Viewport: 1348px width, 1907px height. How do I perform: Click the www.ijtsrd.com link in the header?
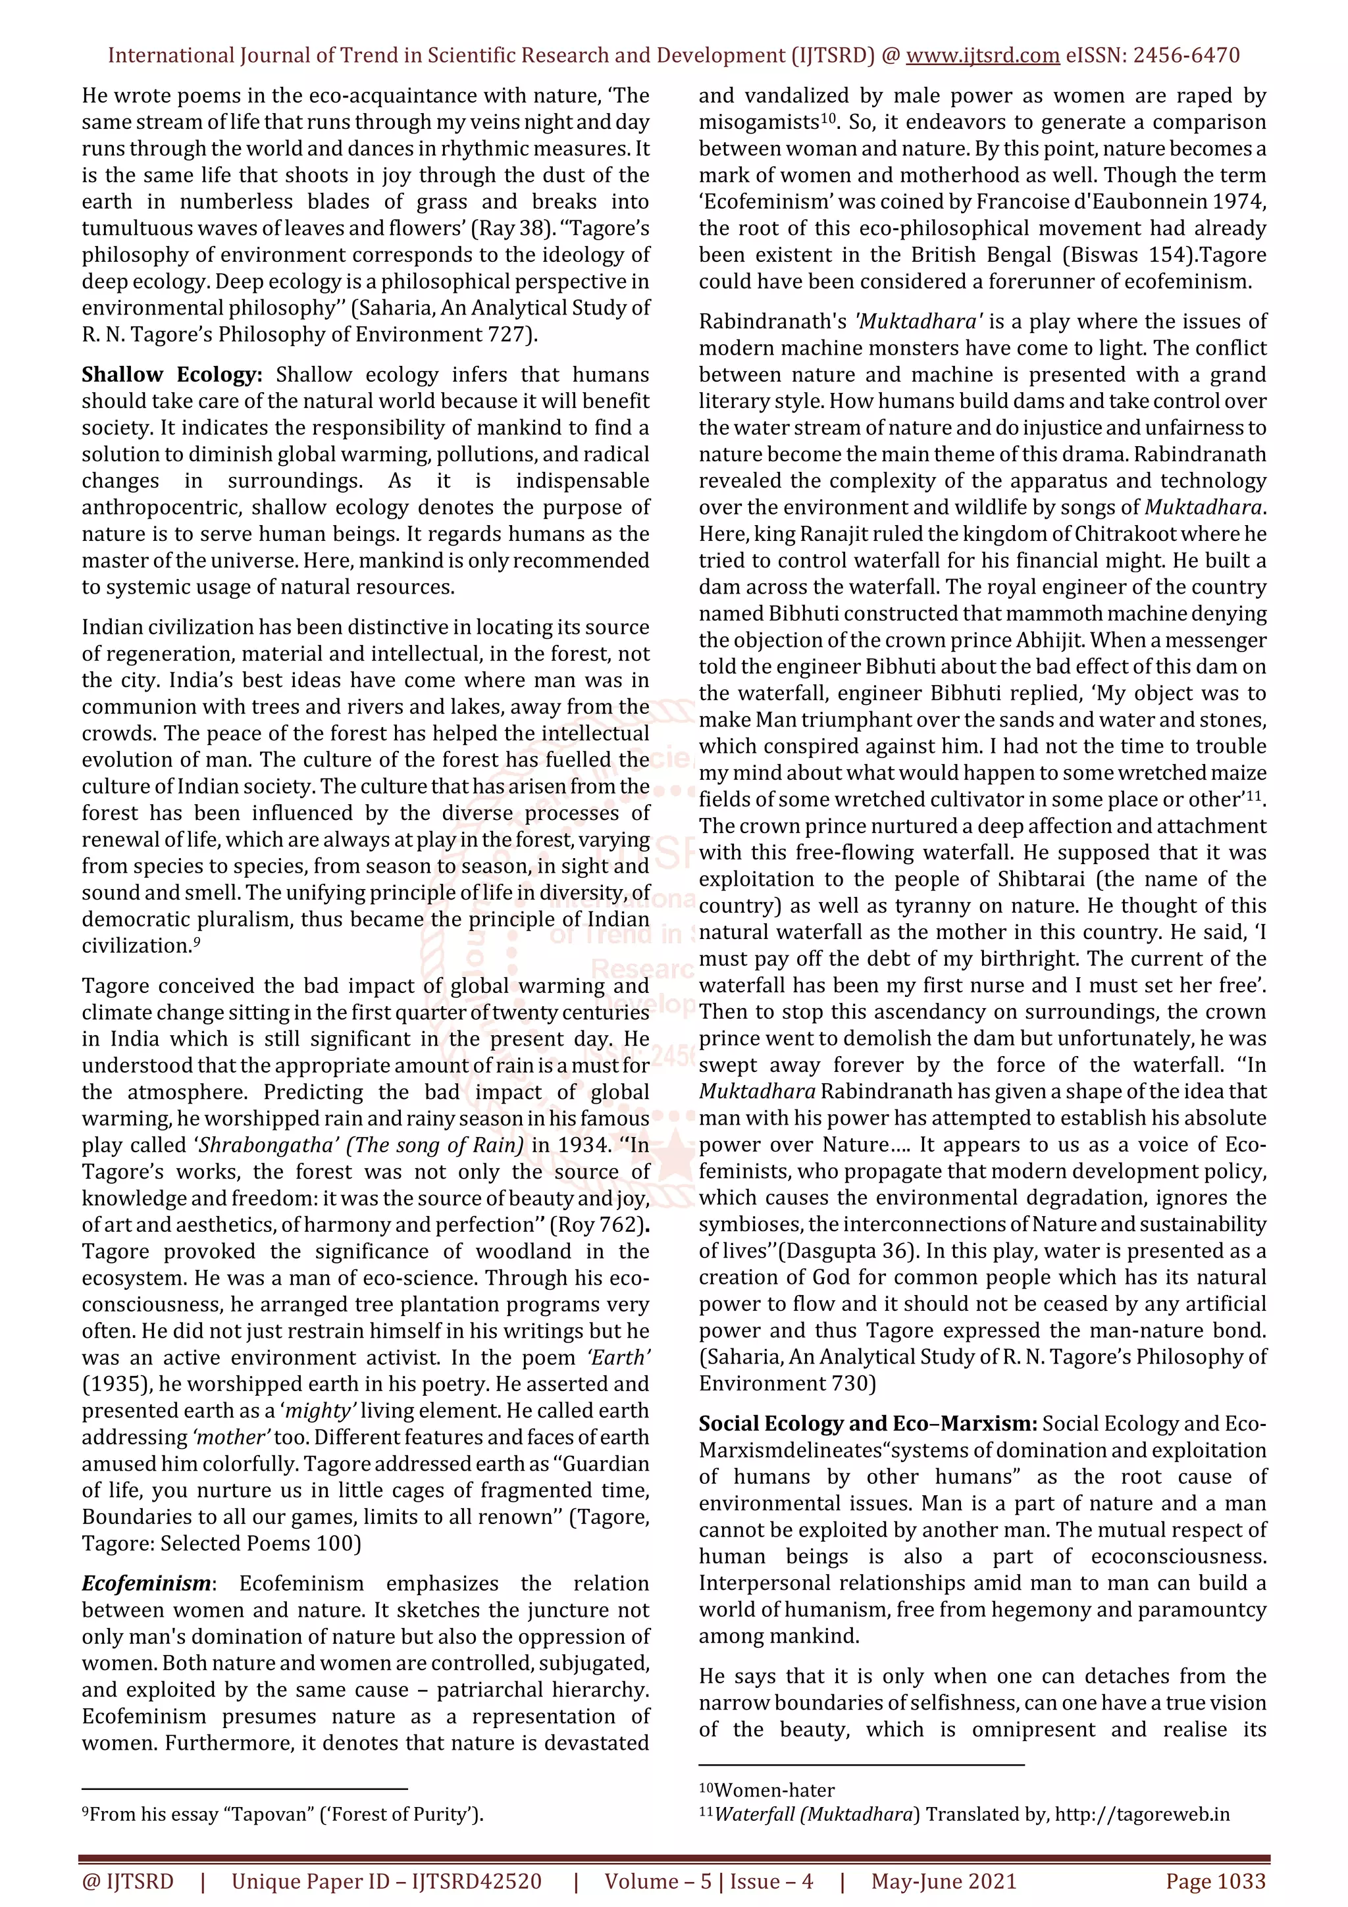982,56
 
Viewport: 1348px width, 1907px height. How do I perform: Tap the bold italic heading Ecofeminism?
146,1584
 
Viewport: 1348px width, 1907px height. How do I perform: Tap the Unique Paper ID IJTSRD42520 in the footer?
386,1881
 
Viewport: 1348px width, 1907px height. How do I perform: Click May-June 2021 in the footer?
943,1881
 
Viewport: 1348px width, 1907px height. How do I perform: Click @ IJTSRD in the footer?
128,1881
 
